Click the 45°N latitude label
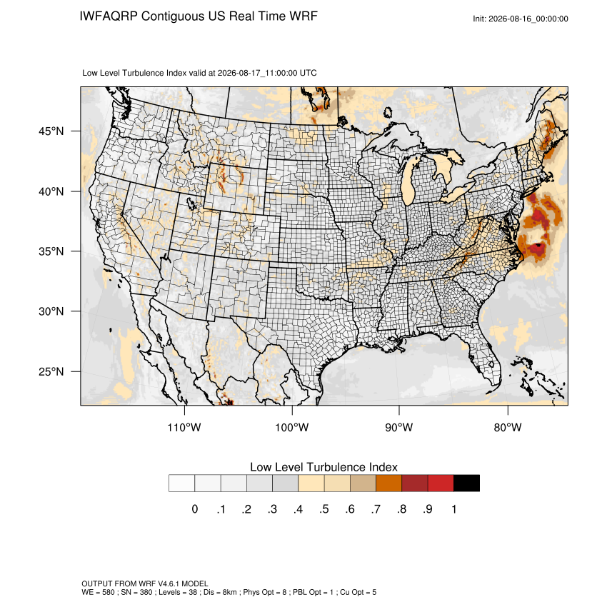[x=51, y=131]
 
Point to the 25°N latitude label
[x=51, y=371]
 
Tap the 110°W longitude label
[x=184, y=427]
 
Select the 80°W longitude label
[x=508, y=427]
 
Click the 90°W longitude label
[x=398, y=427]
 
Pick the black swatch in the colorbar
[x=466, y=483]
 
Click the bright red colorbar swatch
[x=441, y=483]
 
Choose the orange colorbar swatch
[x=388, y=483]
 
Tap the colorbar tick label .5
[x=324, y=509]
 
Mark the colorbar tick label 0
[x=195, y=509]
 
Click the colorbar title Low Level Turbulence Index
[x=323, y=467]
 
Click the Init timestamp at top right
[x=521, y=19]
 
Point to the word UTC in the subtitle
[x=308, y=73]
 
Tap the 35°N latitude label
[x=51, y=251]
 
